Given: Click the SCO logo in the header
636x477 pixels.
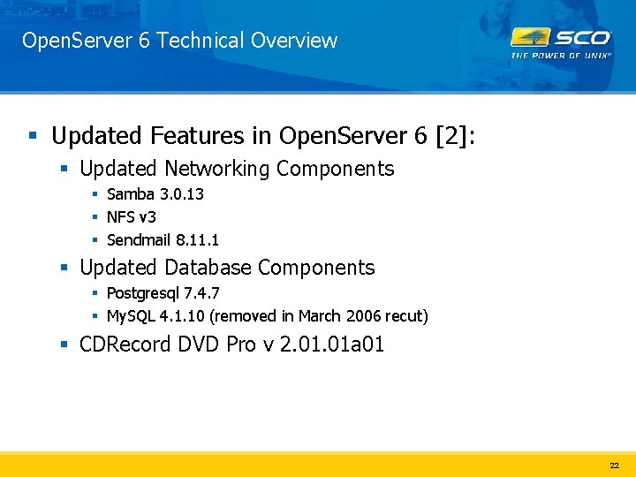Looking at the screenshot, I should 561,38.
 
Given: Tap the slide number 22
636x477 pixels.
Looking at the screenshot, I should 614,465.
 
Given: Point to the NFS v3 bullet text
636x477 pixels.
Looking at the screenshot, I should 132,216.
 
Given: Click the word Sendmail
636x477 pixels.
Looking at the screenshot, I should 139,239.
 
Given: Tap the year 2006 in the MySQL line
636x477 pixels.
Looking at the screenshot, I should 360,315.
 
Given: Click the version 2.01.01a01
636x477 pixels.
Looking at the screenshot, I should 332,344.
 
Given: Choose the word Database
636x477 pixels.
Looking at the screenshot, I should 208,268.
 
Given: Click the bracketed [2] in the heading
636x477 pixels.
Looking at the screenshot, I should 453,136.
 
